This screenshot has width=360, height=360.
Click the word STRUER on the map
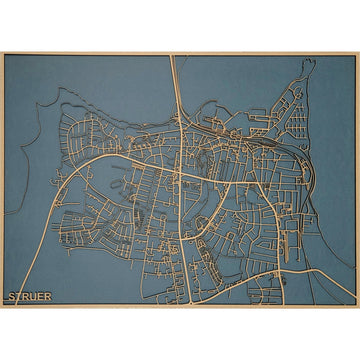tap(29, 296)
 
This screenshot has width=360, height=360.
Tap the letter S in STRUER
tap(12, 296)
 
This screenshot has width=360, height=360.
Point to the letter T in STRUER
tap(19, 296)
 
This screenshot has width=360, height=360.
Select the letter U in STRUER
tap(33, 296)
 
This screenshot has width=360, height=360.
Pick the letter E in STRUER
tap(40, 296)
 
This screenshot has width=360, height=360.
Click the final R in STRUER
tap(47, 296)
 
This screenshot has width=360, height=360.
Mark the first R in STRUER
tap(26, 296)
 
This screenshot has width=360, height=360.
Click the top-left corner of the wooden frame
tap(2, 53)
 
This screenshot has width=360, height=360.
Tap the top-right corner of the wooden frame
tap(357, 53)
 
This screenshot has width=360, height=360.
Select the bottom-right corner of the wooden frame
tap(357, 306)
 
